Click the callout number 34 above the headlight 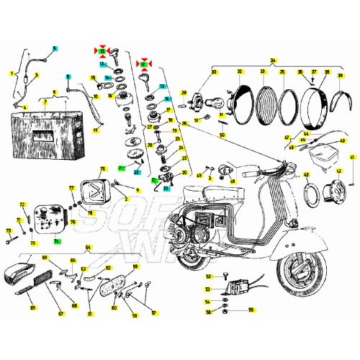click(273, 60)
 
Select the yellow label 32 click(239, 72)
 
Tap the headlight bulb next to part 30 click(214, 102)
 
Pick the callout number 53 click(208, 289)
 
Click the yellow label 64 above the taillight click(89, 247)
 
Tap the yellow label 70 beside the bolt click(9, 231)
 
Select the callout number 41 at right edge click(352, 158)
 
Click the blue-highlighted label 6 click(53, 49)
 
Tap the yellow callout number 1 click(12, 73)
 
